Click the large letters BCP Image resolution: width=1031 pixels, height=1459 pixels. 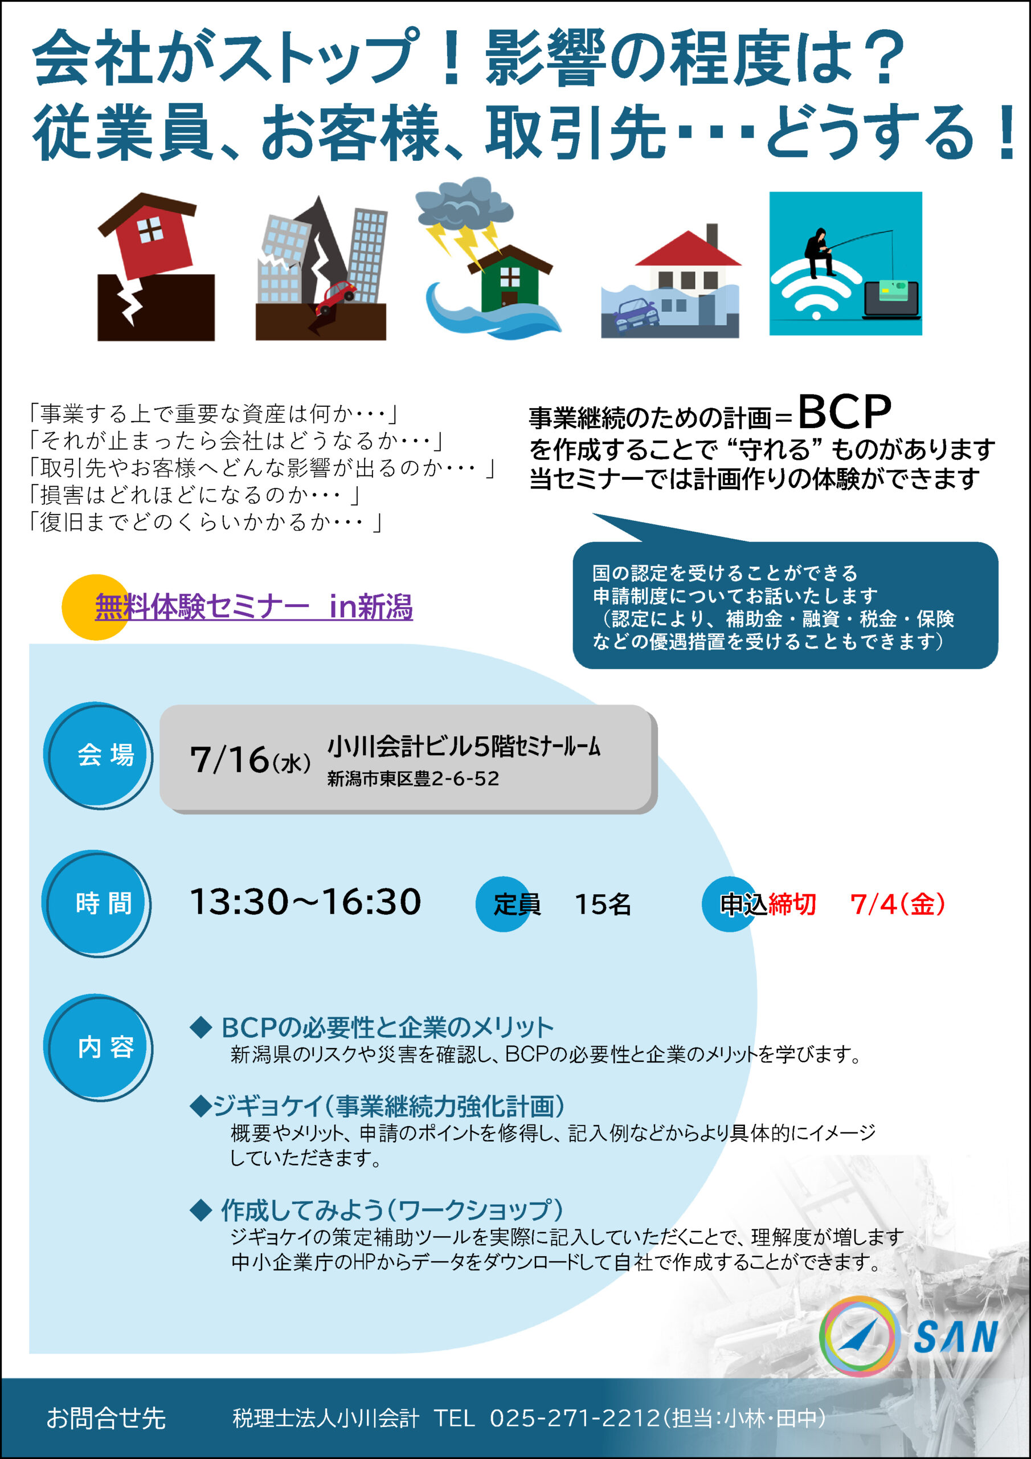click(844, 412)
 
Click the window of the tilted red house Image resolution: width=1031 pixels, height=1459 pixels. click(150, 230)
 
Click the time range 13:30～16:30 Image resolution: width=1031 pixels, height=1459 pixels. click(305, 902)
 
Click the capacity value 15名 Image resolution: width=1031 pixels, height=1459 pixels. click(603, 904)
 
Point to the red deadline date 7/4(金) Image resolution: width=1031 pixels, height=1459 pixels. click(898, 904)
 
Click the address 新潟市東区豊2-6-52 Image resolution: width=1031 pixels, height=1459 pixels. click(413, 779)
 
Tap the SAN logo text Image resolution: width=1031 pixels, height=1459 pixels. click(955, 1337)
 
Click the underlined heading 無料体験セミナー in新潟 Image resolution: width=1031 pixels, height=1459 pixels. click(253, 606)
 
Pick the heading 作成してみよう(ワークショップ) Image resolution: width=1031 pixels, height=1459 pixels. click(392, 1211)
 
